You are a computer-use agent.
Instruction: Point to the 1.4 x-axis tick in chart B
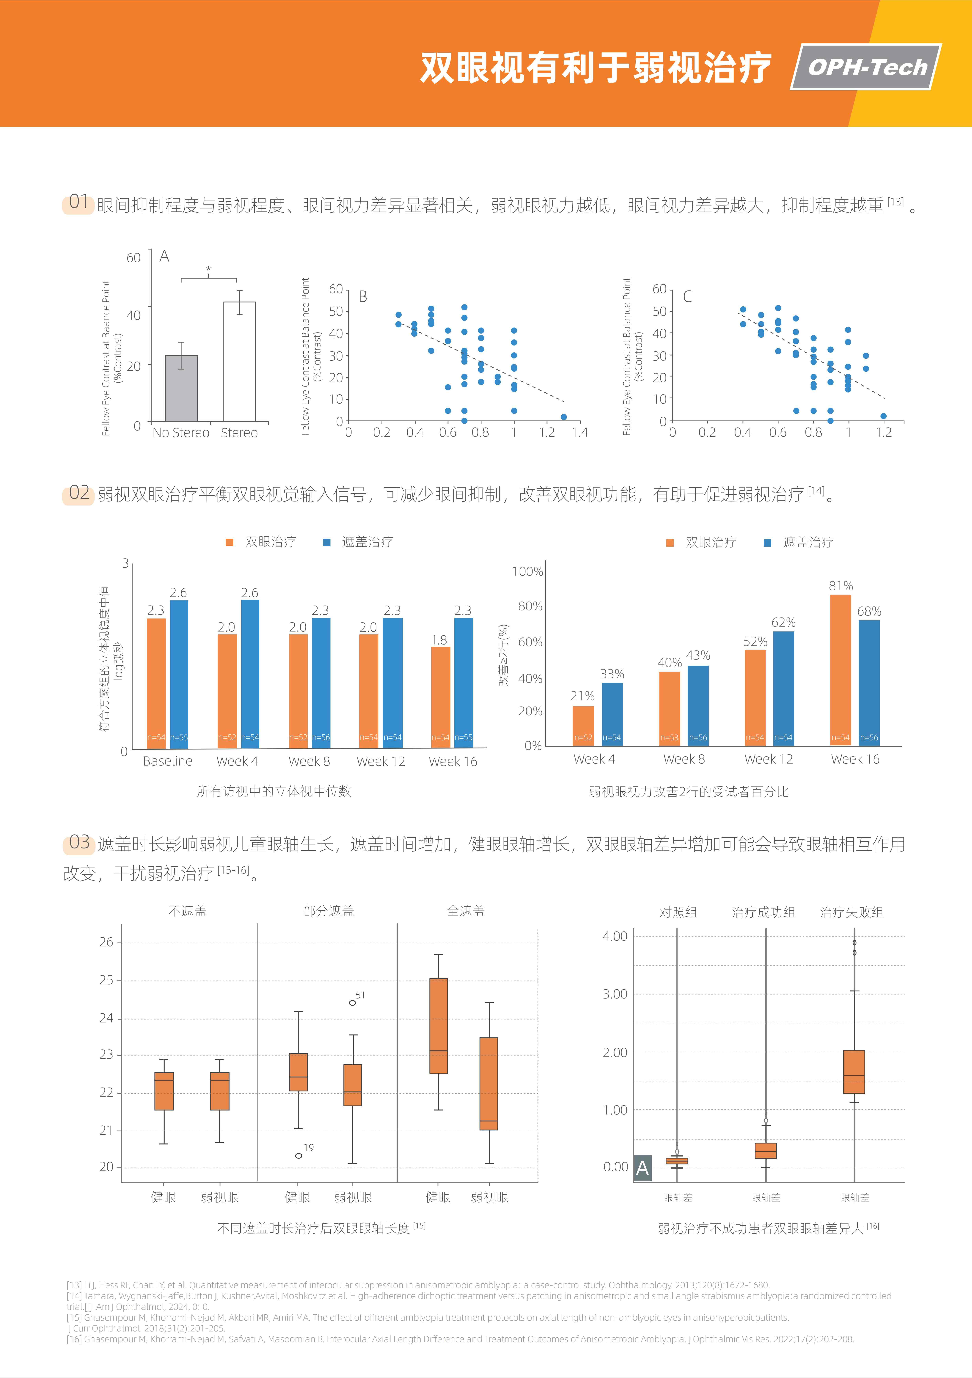(x=580, y=432)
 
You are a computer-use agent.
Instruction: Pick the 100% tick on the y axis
(x=527, y=571)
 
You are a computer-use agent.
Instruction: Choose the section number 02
(x=79, y=493)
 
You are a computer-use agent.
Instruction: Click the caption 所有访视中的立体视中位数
(x=274, y=791)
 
